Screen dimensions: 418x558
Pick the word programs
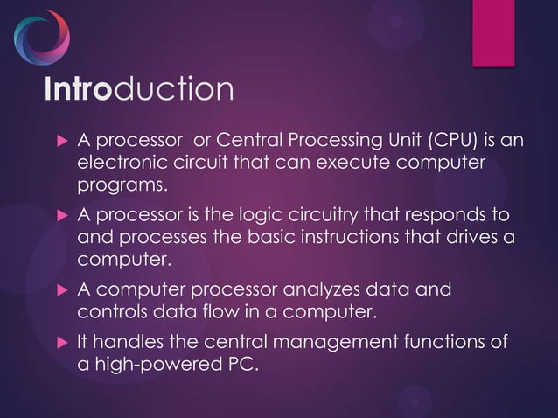tap(121, 186)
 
